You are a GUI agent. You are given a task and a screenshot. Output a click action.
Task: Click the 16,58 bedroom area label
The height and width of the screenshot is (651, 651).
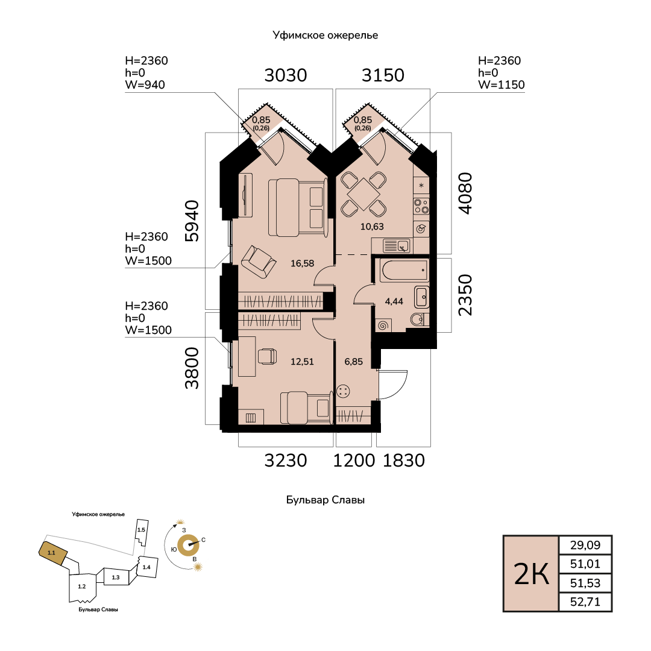[x=302, y=263]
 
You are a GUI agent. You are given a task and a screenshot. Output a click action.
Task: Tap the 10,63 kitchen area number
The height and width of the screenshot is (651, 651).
[x=372, y=227]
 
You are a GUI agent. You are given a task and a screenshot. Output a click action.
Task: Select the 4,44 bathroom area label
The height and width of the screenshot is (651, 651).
[x=394, y=301]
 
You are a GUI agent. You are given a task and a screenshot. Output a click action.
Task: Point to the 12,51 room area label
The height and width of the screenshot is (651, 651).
[x=302, y=362]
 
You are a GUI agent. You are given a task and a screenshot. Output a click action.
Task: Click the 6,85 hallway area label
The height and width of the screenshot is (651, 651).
[x=354, y=362]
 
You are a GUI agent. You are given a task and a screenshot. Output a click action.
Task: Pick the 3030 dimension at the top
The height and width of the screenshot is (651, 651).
[x=286, y=75]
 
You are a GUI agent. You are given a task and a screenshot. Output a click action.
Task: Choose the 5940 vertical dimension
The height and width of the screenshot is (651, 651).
[x=192, y=221]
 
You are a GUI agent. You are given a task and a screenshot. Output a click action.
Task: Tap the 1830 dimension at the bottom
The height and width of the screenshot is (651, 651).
[x=403, y=461]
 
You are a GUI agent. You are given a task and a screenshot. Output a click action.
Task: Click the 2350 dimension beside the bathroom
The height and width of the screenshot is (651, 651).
[x=465, y=295]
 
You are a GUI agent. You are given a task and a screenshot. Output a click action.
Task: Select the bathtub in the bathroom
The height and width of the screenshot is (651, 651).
[x=404, y=270]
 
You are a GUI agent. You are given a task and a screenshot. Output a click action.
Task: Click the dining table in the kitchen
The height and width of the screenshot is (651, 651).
[x=363, y=194]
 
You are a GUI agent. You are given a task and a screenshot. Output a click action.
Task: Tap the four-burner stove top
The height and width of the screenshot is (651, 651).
[x=421, y=206]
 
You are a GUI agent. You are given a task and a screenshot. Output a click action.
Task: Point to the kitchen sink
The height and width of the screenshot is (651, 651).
[x=397, y=246]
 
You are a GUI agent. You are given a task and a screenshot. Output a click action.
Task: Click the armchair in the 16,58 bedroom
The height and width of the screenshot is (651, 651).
[x=258, y=262]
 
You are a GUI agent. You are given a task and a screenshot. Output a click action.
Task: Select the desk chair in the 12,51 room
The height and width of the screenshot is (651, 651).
[x=268, y=357]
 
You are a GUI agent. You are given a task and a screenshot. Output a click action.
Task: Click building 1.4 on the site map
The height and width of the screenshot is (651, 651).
[x=146, y=567]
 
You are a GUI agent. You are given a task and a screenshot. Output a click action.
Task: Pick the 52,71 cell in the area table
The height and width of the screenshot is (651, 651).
[x=585, y=602]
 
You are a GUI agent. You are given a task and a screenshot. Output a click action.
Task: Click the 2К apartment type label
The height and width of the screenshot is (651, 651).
[x=532, y=574]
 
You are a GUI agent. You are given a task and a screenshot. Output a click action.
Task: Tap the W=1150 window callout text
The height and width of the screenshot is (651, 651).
[x=502, y=85]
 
